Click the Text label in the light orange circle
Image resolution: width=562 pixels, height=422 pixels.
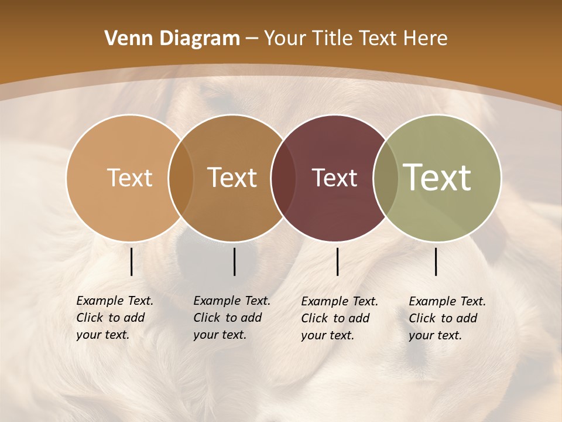pyautogui.click(x=129, y=178)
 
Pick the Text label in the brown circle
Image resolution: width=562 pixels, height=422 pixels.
pyautogui.click(x=232, y=178)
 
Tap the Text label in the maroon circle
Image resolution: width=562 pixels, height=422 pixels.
pyautogui.click(x=335, y=178)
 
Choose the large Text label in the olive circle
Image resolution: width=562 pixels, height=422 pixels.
pyautogui.click(x=437, y=177)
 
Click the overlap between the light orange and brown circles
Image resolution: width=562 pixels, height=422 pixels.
pyautogui.click(x=181, y=178)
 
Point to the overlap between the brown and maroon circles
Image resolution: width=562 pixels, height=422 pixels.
pyautogui.click(x=283, y=178)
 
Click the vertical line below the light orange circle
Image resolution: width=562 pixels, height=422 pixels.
pyautogui.click(x=131, y=261)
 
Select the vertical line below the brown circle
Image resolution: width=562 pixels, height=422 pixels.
pyautogui.click(x=234, y=261)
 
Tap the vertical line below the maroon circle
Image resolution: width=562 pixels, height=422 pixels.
pyautogui.click(x=337, y=261)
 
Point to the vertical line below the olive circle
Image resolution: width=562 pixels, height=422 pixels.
pyautogui.click(x=436, y=261)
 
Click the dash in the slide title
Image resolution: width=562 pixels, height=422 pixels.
pyautogui.click(x=252, y=39)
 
